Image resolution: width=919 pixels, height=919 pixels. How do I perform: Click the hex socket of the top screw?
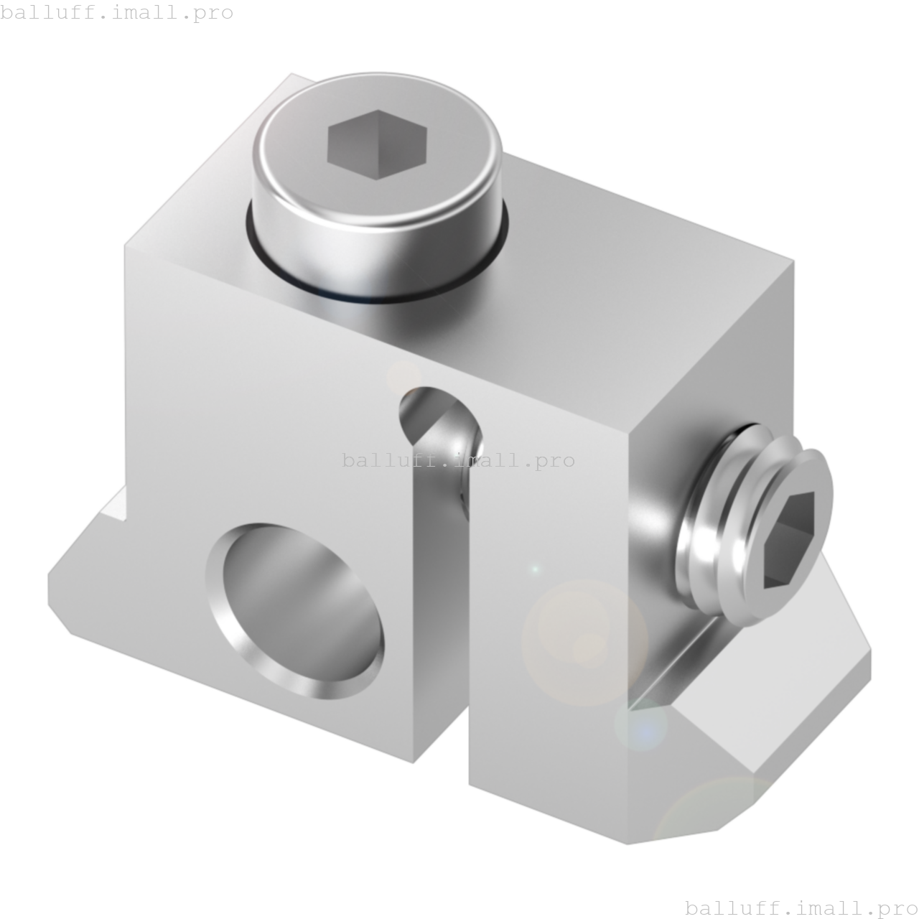[377, 144]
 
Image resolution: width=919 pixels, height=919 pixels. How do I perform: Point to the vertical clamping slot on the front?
[442, 610]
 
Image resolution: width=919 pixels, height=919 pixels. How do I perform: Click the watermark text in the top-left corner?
[117, 12]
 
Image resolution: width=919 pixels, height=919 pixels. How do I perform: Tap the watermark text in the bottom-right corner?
[801, 908]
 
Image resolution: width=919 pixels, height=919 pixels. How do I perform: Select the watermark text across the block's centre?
[458, 460]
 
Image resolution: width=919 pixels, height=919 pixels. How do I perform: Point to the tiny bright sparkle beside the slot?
[534, 569]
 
